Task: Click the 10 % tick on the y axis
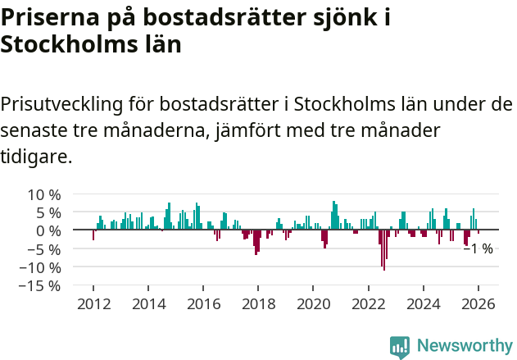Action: click(x=44, y=194)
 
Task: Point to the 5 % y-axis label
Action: click(x=48, y=212)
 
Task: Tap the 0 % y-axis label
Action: click(x=48, y=230)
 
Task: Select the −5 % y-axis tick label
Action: click(x=44, y=248)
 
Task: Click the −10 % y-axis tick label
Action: click(x=40, y=267)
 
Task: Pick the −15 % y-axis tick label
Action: click(x=40, y=285)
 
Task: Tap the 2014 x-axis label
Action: click(x=147, y=303)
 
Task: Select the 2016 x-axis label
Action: click(x=203, y=303)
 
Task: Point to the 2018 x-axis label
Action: click(x=258, y=303)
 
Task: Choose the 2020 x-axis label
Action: click(x=313, y=303)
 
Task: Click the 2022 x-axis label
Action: click(x=368, y=303)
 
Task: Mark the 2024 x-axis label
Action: click(x=423, y=303)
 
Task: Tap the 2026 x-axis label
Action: click(x=478, y=303)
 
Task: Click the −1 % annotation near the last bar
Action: click(x=478, y=248)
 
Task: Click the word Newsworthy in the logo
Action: click(x=465, y=346)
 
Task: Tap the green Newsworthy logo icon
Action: click(x=399, y=347)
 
